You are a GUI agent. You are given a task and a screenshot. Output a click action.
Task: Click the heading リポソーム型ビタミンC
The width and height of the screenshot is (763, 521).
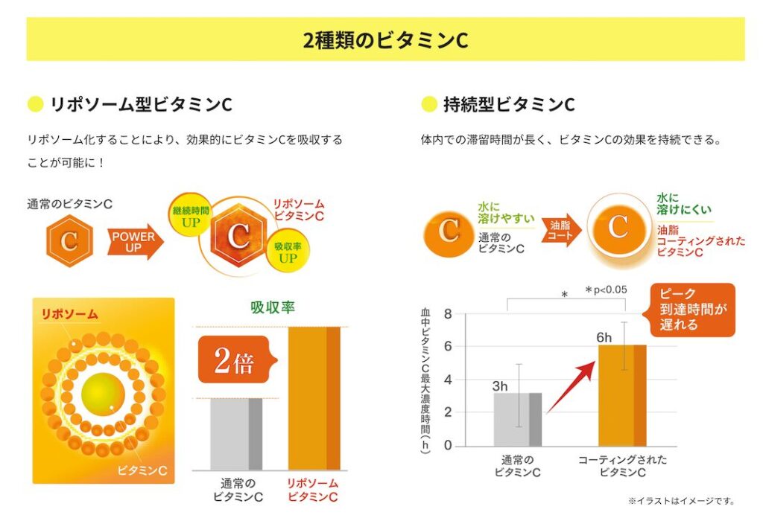click(x=140, y=104)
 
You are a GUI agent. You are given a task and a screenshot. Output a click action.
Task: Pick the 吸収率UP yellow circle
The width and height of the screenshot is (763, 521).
click(x=287, y=252)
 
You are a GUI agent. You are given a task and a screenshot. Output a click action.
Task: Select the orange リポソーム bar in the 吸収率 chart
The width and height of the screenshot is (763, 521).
click(x=313, y=398)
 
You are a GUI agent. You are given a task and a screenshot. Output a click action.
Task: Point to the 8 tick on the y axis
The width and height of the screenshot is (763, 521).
click(x=448, y=313)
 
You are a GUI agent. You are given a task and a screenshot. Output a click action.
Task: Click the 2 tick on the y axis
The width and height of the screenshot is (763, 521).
click(x=448, y=412)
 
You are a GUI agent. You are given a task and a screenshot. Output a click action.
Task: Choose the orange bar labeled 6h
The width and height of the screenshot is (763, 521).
click(x=622, y=395)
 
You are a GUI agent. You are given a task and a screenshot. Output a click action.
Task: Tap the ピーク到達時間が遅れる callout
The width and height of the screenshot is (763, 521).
click(x=692, y=309)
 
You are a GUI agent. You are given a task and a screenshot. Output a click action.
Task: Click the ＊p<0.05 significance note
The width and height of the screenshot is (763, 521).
click(x=607, y=290)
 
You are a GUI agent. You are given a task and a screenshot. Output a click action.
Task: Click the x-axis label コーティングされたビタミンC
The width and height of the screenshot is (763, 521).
click(x=622, y=466)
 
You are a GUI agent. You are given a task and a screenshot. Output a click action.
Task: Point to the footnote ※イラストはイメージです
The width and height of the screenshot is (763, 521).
click(x=681, y=501)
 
